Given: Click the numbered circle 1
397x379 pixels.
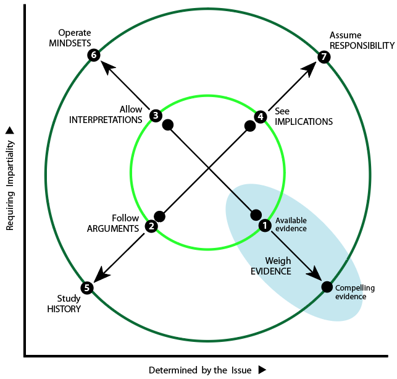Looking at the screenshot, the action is click(265, 225).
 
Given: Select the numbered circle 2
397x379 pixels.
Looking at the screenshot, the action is click(151, 226).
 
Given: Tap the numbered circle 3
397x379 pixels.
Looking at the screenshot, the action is click(156, 116).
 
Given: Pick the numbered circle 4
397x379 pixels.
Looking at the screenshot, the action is click(261, 117).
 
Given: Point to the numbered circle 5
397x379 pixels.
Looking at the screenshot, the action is click(87, 288).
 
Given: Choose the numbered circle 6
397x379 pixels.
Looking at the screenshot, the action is click(94, 55).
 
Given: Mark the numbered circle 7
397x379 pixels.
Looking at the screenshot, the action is click(324, 57).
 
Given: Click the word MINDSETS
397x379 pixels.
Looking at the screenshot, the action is click(70, 43).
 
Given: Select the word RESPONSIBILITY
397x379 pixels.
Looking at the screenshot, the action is click(362, 46).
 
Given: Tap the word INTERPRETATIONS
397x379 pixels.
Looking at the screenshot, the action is click(106, 120).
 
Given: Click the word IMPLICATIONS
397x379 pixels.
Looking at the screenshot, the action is click(304, 122).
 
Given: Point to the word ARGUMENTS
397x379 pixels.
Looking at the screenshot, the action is click(113, 229).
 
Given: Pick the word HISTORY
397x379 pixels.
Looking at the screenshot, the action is click(64, 309).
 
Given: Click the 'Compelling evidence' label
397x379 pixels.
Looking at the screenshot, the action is click(355, 292).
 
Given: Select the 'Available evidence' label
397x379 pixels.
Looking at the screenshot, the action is click(291, 224).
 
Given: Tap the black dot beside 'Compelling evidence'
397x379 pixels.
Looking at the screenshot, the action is click(327, 287).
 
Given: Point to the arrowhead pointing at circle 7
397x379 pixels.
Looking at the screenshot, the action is click(309, 68).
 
